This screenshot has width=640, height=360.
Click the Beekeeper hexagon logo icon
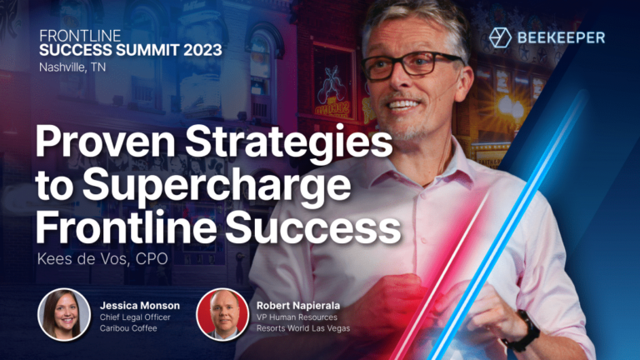pos(500,37)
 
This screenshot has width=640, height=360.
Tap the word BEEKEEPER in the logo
pos(562,37)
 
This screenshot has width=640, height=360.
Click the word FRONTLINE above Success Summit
pos(80,36)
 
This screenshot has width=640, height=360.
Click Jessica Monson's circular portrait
pos(64,315)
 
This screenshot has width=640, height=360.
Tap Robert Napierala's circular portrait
pos(222,315)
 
